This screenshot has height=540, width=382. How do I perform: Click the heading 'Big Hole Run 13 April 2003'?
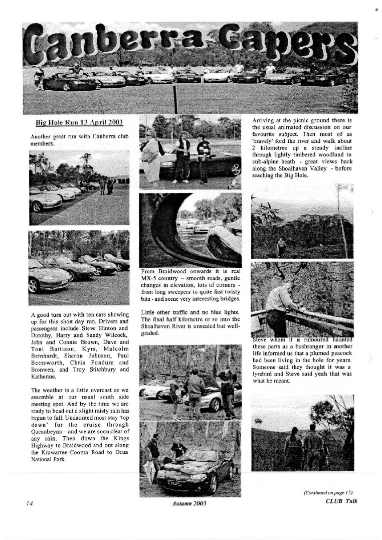tap(79, 122)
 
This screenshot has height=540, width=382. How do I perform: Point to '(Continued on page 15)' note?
tap(331, 492)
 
